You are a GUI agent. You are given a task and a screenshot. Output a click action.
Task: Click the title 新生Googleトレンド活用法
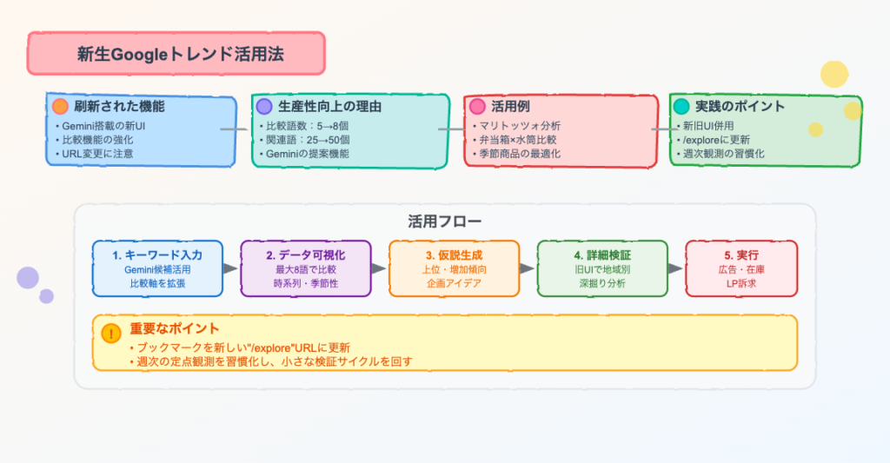click(176, 54)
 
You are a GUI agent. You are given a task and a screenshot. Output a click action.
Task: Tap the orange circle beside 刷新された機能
click(60, 107)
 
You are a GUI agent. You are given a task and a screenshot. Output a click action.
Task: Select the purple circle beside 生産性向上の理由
click(265, 106)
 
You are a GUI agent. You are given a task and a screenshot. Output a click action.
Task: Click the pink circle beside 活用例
click(477, 106)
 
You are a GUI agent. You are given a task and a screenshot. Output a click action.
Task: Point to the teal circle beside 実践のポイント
click(681, 106)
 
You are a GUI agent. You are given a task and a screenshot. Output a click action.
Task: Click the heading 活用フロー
click(444, 221)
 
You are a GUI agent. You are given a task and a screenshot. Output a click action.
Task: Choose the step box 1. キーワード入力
click(157, 268)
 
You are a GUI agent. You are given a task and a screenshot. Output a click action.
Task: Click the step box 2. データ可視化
click(305, 268)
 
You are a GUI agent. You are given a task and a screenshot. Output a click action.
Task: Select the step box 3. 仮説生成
click(454, 268)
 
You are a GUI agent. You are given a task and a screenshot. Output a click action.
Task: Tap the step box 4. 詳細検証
click(602, 268)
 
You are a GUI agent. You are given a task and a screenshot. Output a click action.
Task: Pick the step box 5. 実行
click(741, 268)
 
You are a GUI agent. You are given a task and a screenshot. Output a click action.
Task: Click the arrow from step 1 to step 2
click(231, 268)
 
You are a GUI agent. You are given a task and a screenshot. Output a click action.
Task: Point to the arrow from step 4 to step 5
click(676, 268)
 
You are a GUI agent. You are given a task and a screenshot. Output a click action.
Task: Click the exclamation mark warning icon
click(111, 333)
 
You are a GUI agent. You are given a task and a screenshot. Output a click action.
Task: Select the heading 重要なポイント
click(174, 329)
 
